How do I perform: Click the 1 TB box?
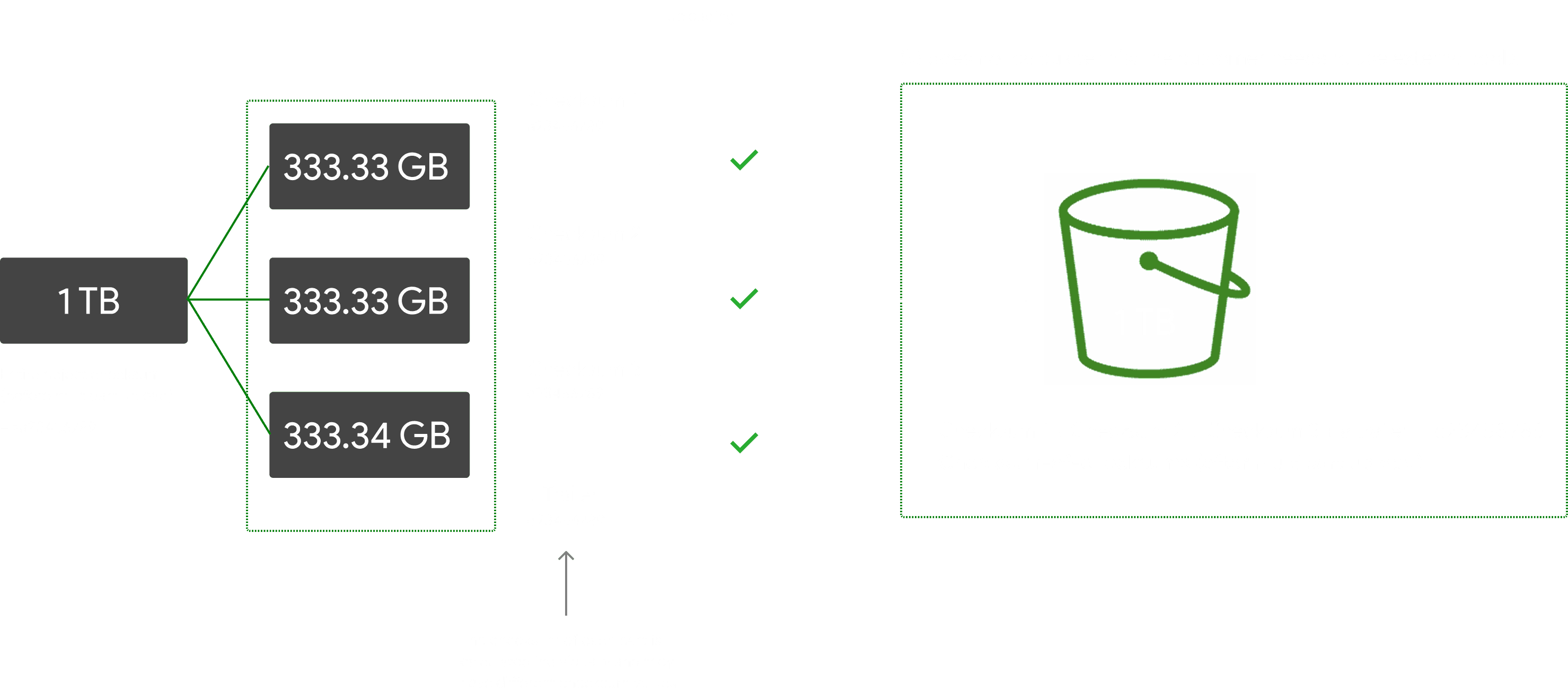(x=94, y=300)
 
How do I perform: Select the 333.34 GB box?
(x=369, y=435)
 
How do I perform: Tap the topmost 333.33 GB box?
(x=369, y=166)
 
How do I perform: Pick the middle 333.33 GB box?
(x=369, y=300)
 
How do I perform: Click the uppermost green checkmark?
(x=743, y=161)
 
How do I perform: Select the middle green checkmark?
(x=743, y=299)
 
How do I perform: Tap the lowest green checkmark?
(x=743, y=443)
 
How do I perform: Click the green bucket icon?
(x=1153, y=279)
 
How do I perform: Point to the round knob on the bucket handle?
(x=1149, y=261)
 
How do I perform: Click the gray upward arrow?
(x=566, y=583)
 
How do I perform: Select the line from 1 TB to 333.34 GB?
(x=229, y=367)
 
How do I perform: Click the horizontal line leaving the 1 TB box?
(x=229, y=299)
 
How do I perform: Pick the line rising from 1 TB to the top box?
(x=229, y=233)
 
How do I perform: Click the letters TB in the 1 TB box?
(x=99, y=300)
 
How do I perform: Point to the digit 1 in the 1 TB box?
(x=65, y=300)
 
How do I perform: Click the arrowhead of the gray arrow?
(x=566, y=555)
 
